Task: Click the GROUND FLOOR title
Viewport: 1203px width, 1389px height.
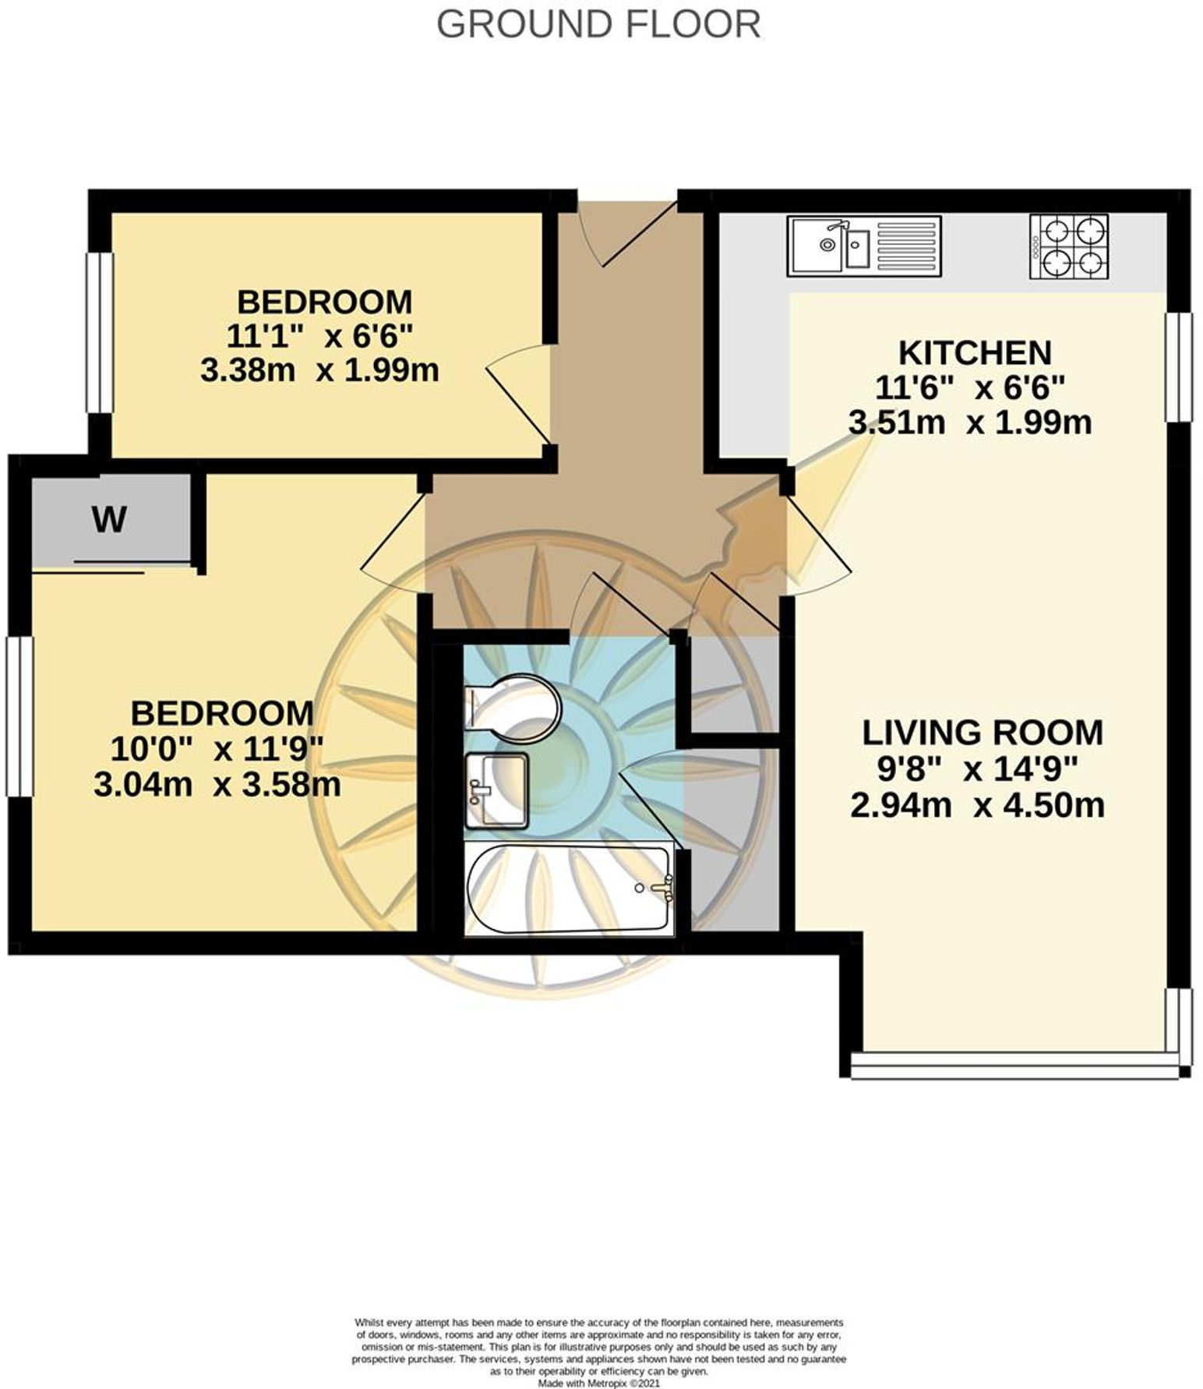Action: coord(598,25)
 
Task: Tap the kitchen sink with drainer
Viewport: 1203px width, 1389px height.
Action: coord(864,246)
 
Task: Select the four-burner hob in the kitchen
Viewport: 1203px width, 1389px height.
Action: coord(1068,246)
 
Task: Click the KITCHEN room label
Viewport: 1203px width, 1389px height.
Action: coord(975,353)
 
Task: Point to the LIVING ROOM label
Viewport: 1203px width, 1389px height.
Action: coord(982,733)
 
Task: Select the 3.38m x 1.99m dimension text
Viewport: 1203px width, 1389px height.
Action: coord(319,370)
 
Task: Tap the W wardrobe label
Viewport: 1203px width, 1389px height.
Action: coord(109,518)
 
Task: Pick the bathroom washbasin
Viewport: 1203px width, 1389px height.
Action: coord(496,790)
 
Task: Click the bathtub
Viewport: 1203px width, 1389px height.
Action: coord(569,889)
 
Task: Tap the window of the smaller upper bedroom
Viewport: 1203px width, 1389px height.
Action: coord(100,333)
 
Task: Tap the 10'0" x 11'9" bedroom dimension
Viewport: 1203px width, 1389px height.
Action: coord(217,749)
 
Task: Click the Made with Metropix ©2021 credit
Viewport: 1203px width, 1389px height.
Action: coord(598,1383)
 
